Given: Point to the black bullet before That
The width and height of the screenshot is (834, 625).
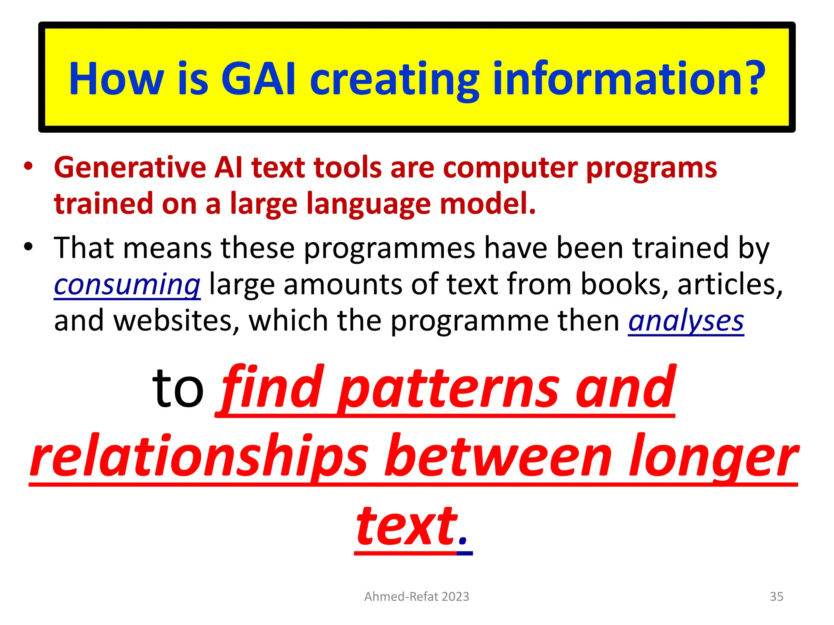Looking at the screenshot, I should click(x=28, y=247).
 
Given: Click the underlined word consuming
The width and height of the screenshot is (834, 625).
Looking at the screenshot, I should click(x=127, y=284).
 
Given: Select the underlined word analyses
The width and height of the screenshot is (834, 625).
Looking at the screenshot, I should click(x=686, y=321).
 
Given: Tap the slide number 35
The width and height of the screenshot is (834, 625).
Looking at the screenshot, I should click(x=776, y=596).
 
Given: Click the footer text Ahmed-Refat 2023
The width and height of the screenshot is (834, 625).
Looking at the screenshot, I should click(x=417, y=596).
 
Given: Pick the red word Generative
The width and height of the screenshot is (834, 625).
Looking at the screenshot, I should click(x=130, y=168).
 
